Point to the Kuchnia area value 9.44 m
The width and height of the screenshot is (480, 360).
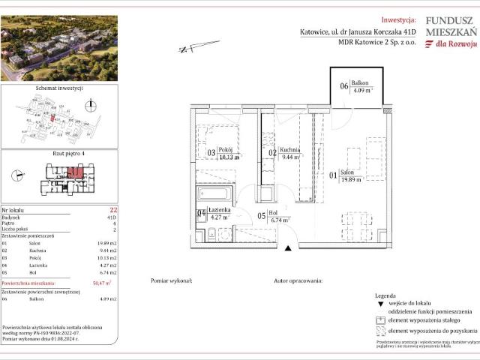(x=289, y=158)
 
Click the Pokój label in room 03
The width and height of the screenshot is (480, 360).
(x=224, y=150)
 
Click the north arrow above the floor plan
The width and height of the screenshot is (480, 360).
(x=188, y=49)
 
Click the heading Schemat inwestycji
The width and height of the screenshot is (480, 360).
(x=58, y=88)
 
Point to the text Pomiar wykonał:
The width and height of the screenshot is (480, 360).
(x=172, y=280)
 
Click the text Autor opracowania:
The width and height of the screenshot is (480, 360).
(x=298, y=280)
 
